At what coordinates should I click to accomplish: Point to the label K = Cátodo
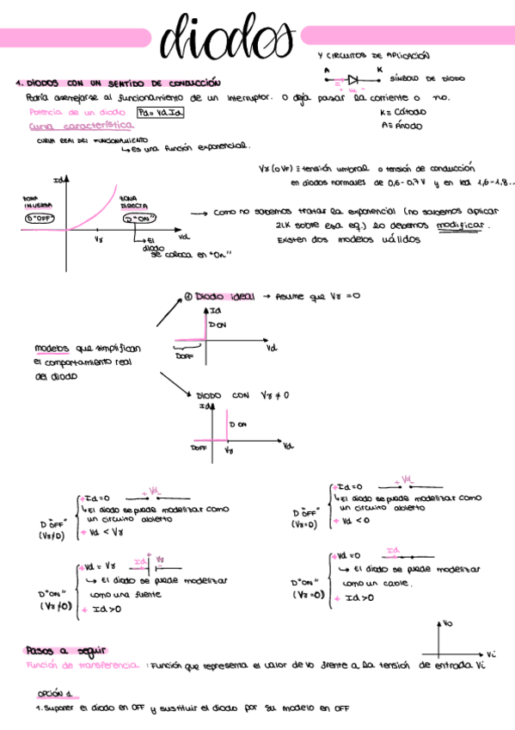[400, 112]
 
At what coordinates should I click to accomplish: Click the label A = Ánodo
[398, 126]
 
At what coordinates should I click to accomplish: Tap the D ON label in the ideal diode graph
[218, 325]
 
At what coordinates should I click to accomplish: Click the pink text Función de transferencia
[83, 665]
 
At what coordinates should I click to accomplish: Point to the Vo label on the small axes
[448, 622]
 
